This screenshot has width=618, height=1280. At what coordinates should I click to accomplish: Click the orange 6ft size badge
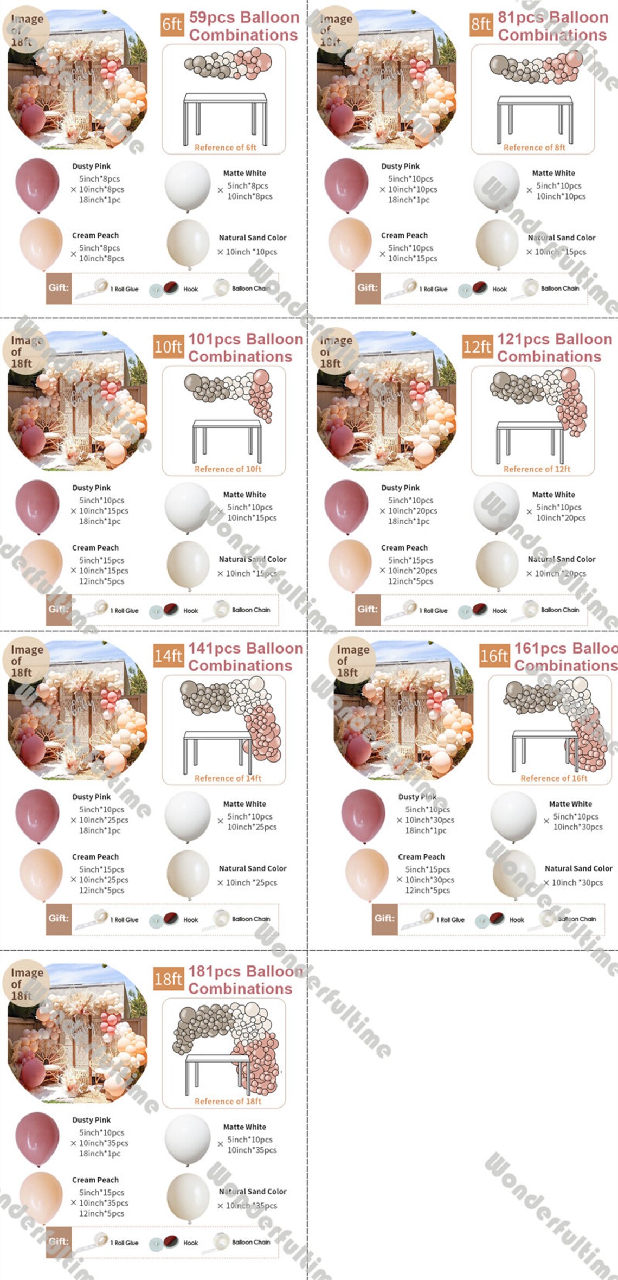[172, 25]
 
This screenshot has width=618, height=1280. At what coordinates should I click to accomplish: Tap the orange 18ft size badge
[168, 980]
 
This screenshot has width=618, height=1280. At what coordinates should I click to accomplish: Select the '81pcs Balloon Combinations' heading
[552, 26]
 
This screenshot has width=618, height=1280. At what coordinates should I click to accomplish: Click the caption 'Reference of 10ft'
[228, 469]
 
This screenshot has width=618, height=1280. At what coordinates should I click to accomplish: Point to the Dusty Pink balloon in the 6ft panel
[37, 184]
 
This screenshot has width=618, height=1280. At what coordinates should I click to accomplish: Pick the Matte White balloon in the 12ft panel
[497, 507]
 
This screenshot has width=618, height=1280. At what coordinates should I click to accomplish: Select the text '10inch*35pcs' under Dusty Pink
[104, 1143]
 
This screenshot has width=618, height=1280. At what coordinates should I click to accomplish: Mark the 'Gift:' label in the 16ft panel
[384, 919]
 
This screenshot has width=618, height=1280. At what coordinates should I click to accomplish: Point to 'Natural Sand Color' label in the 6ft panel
[252, 238]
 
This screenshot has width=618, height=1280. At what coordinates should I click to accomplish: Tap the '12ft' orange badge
[477, 347]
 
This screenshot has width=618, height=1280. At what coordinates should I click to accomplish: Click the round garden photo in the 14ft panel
[78, 711]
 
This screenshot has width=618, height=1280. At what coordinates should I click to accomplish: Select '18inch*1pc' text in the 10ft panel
[100, 521]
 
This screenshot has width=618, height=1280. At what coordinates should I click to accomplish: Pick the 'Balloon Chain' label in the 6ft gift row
[250, 289]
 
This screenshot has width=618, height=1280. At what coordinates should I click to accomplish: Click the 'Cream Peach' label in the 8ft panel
[404, 235]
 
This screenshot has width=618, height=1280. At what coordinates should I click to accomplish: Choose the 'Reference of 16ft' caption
[553, 778]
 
